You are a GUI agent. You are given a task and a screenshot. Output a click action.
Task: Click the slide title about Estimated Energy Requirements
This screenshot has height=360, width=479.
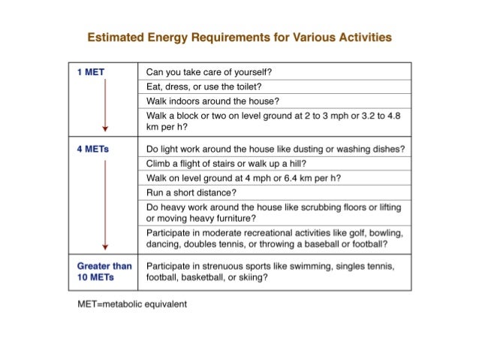point(239,37)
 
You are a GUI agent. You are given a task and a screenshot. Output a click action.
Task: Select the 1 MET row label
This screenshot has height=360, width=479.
point(91,72)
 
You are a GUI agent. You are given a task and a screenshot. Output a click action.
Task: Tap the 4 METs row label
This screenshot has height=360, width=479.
point(93,149)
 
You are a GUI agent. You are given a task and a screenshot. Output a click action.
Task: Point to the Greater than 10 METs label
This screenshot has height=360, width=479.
point(104,271)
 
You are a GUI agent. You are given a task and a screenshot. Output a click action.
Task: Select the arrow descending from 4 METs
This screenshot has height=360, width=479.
point(106,203)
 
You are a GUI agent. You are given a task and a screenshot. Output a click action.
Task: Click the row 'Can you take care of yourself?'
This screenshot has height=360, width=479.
point(209,72)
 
